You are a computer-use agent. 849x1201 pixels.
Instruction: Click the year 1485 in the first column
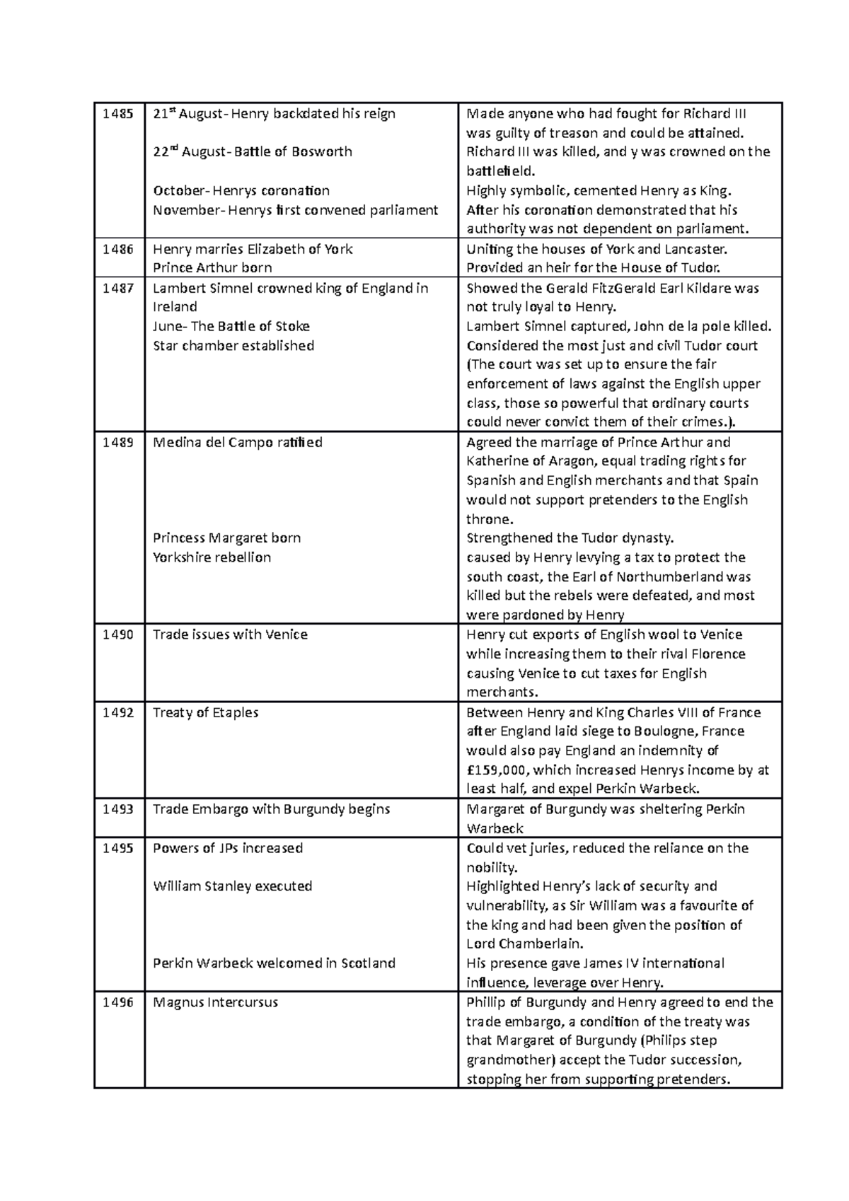point(117,114)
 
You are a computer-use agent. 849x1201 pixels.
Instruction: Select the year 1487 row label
point(117,288)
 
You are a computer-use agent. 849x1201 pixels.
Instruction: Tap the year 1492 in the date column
point(117,712)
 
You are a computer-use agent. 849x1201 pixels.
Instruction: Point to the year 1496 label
point(117,1002)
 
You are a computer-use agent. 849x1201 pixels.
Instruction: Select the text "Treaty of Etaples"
point(205,712)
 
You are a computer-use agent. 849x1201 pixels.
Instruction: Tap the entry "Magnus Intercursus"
point(215,1002)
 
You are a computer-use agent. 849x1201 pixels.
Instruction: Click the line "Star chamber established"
point(233,346)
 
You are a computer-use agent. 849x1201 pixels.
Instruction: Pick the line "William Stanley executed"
point(232,886)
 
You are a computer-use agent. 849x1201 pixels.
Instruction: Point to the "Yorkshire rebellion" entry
point(212,557)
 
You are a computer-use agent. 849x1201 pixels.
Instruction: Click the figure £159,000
point(497,770)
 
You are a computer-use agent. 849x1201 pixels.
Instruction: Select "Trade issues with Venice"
point(230,634)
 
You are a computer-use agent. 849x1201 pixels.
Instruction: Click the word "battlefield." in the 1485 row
point(501,171)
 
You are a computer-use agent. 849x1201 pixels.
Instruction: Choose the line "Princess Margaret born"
point(226,538)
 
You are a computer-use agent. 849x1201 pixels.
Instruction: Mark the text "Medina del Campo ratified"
point(237,443)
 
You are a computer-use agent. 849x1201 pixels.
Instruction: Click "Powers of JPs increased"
point(227,848)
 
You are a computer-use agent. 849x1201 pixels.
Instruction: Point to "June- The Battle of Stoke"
point(231,327)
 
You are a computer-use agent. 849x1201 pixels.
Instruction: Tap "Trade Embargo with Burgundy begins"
point(271,809)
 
